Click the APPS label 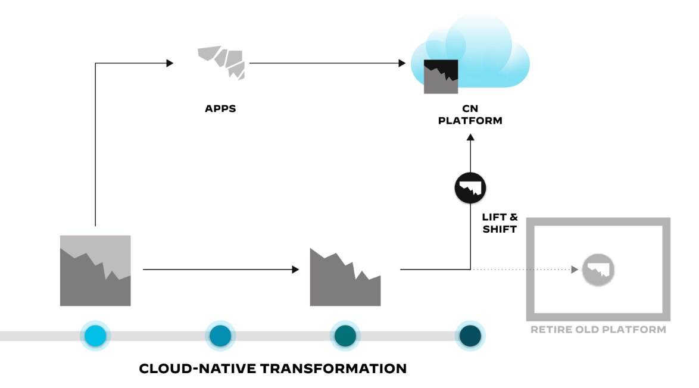tap(220, 109)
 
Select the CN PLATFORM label tap(470, 115)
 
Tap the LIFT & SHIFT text tap(500, 223)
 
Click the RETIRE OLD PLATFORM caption tap(598, 329)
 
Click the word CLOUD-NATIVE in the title tap(196, 368)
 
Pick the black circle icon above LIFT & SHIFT tap(470, 188)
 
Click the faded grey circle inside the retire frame tap(598, 270)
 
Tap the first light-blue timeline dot tap(95, 336)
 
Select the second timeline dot tap(220, 336)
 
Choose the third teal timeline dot tap(345, 336)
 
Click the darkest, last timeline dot tap(470, 336)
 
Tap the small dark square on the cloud tap(441, 76)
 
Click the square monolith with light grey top tap(95, 270)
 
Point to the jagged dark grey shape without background tap(345, 280)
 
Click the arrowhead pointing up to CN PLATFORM tap(470, 137)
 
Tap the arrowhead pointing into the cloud tap(403, 62)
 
